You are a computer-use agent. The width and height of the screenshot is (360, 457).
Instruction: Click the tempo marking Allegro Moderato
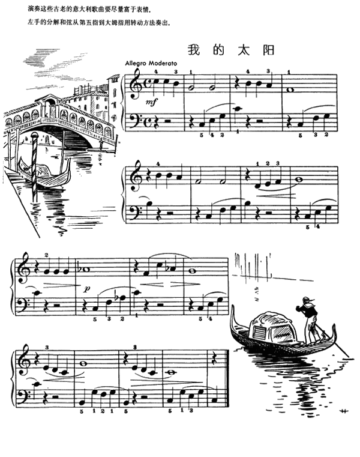tap(148, 63)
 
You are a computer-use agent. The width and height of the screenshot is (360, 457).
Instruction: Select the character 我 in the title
tap(193, 50)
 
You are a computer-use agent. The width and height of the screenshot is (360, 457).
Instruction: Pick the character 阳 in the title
tap(263, 50)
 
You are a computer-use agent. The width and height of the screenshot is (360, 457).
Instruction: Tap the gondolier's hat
tap(307, 298)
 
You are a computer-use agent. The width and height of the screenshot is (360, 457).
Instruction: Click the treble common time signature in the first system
tap(147, 86)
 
